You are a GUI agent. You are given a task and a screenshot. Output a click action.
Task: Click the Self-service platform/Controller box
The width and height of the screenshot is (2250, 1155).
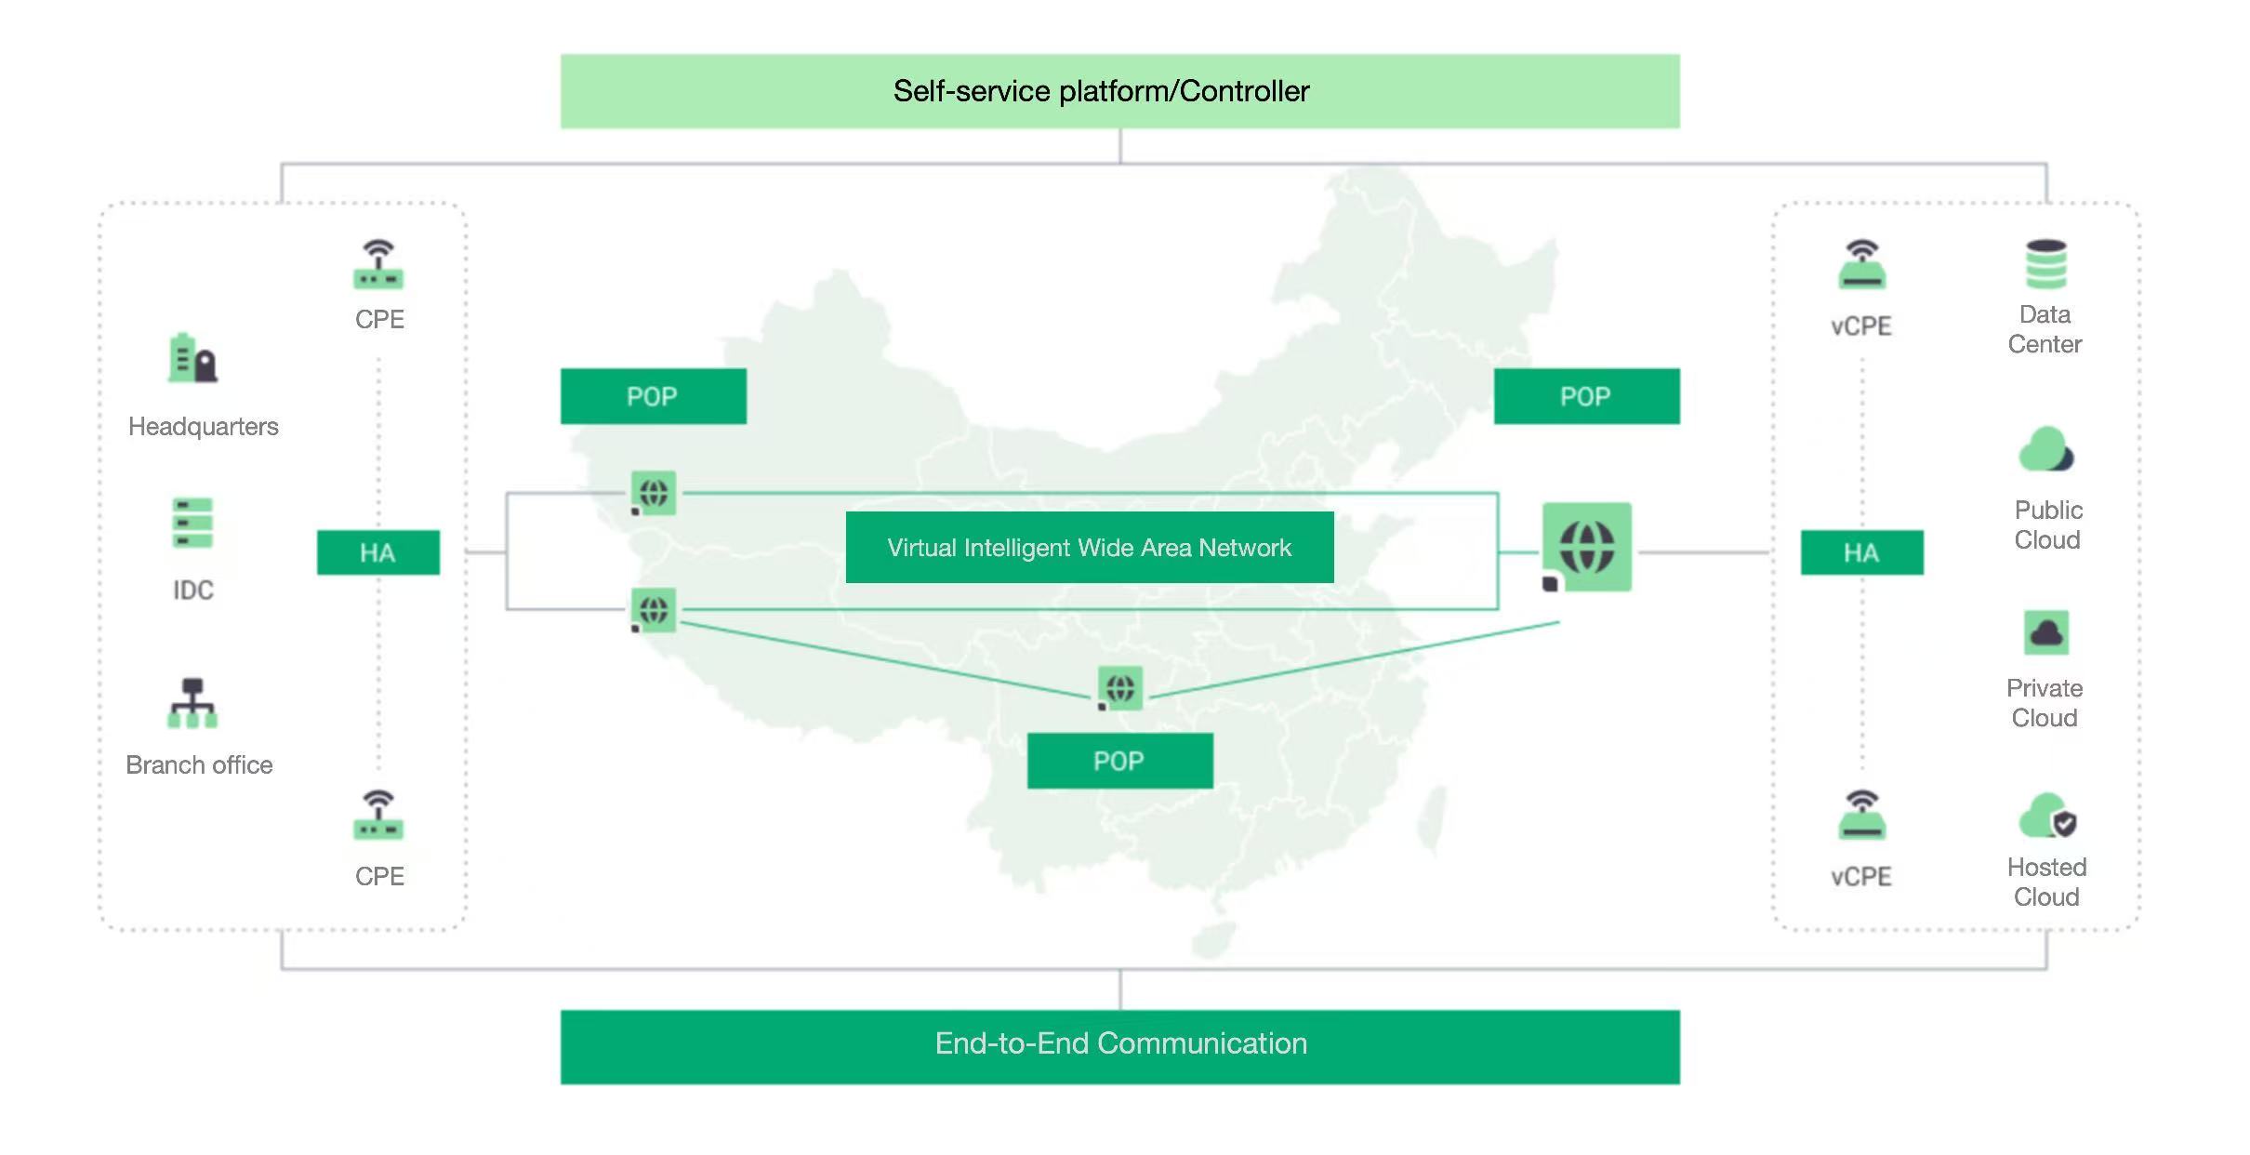coord(1119,91)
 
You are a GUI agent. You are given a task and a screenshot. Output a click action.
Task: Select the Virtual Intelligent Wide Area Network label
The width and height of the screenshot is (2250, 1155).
coord(1090,548)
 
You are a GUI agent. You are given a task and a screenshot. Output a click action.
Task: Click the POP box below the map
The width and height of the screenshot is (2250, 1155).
coord(1119,761)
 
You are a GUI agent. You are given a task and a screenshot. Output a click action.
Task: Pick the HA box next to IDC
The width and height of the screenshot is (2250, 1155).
coord(377,552)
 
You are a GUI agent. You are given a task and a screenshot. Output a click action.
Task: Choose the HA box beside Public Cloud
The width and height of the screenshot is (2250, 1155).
coord(1861,552)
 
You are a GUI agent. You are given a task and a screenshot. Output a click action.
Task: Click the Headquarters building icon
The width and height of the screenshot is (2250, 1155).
coord(192,359)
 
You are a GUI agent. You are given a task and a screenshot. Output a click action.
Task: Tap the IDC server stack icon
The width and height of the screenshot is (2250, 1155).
coord(192,524)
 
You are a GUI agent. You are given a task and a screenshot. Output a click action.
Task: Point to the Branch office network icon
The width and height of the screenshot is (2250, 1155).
coord(192,703)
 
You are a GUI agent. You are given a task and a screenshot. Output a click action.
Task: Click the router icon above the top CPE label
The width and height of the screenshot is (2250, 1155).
coord(378,265)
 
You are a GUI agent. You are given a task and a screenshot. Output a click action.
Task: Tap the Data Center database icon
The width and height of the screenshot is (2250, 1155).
coord(2045,264)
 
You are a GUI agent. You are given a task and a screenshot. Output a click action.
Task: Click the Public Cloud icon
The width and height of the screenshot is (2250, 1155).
coord(2045,451)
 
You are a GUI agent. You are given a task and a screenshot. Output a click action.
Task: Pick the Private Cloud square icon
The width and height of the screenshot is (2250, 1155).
coord(2045,633)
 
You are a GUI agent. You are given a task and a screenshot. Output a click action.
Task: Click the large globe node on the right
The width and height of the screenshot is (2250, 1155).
coord(1586,547)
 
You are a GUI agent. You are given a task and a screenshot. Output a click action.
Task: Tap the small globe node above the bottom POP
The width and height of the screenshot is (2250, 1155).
coord(1119,688)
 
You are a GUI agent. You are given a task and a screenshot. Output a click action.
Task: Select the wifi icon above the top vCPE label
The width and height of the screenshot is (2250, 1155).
coord(1861,264)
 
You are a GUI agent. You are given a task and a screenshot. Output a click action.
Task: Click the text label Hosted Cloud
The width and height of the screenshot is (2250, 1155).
coord(2046,882)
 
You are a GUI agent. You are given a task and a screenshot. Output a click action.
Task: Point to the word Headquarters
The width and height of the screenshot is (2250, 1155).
coord(204,427)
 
